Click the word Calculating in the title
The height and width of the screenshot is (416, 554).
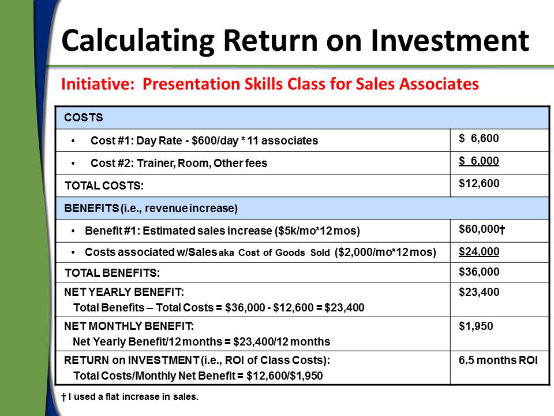(x=138, y=41)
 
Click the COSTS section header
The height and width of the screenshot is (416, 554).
(x=83, y=117)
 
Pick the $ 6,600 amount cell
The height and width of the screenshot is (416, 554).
(x=479, y=138)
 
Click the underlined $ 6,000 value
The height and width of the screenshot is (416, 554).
(x=479, y=161)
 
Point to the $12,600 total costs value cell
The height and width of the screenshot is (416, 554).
(x=479, y=183)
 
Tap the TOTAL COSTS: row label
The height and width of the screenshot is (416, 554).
(x=104, y=185)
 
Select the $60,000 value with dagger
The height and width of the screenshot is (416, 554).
(x=482, y=229)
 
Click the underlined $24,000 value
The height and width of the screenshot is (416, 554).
(x=479, y=251)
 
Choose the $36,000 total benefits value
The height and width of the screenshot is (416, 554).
(x=479, y=272)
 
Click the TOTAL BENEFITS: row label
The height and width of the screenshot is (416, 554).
(x=112, y=273)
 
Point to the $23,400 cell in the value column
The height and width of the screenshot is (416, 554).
(x=479, y=292)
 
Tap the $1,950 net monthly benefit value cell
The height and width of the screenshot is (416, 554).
(x=476, y=326)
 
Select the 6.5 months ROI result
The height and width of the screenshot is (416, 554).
(x=498, y=360)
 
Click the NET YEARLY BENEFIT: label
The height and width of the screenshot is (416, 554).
(x=124, y=292)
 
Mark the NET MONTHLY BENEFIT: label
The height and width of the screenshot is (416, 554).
(x=129, y=326)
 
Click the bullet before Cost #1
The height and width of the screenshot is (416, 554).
(x=73, y=141)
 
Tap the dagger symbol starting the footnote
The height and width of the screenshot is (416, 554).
(x=63, y=398)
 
